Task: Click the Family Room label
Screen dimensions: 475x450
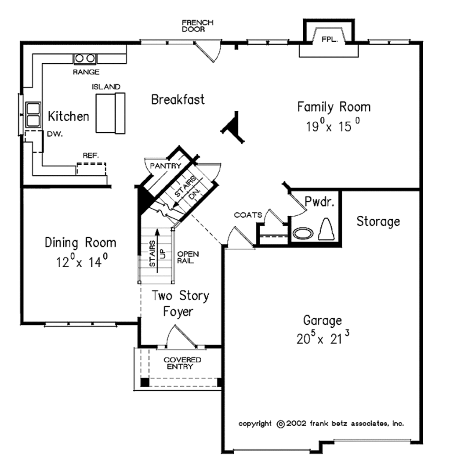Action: tap(334, 107)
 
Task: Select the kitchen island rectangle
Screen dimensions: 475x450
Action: tap(110, 112)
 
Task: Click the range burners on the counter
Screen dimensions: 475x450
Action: tap(85, 58)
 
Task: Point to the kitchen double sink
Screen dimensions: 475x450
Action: tap(33, 114)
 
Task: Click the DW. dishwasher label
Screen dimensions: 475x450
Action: tap(55, 135)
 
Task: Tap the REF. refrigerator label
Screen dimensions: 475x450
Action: tap(91, 156)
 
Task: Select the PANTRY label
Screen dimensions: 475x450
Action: tap(166, 166)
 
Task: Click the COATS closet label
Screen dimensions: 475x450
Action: tap(248, 215)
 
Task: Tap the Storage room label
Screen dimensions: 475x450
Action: tap(378, 221)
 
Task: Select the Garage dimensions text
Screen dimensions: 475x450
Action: tap(323, 339)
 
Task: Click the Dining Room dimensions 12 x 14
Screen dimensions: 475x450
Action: tap(82, 262)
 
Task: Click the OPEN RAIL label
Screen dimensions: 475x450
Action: tap(188, 257)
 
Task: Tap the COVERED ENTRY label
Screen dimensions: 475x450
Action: tap(182, 363)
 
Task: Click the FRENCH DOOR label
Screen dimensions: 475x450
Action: tap(198, 25)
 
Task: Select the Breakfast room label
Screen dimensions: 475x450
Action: tap(178, 100)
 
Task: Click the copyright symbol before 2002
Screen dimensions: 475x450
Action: tap(280, 424)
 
